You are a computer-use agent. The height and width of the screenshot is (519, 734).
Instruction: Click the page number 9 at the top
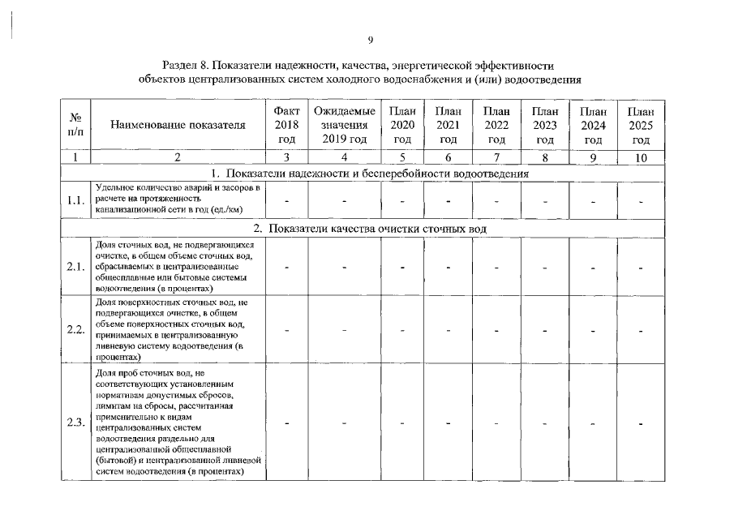click(370, 40)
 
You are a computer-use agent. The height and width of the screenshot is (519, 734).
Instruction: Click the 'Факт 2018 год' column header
click(286, 125)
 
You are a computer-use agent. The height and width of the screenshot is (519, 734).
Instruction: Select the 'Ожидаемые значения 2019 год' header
click(344, 125)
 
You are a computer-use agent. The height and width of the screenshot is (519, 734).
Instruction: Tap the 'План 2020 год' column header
click(402, 125)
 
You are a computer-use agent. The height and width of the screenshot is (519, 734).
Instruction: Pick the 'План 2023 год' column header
click(545, 125)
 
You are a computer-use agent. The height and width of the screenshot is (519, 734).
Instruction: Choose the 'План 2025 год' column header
click(640, 125)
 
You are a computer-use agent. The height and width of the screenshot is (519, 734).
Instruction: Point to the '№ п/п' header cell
click(75, 125)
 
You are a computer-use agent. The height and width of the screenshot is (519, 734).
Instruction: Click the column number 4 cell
click(344, 158)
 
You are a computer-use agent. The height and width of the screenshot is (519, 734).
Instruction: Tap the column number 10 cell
click(640, 158)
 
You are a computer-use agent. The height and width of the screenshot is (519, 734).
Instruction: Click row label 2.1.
click(75, 266)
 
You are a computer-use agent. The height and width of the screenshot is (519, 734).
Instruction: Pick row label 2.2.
click(75, 329)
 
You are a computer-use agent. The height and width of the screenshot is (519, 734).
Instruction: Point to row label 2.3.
click(75, 422)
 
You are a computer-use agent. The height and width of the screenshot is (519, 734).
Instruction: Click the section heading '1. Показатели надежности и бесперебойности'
click(369, 174)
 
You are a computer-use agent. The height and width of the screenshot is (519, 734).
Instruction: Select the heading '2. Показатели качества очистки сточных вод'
click(369, 229)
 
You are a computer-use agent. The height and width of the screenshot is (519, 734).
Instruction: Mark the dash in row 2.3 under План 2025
click(640, 422)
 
